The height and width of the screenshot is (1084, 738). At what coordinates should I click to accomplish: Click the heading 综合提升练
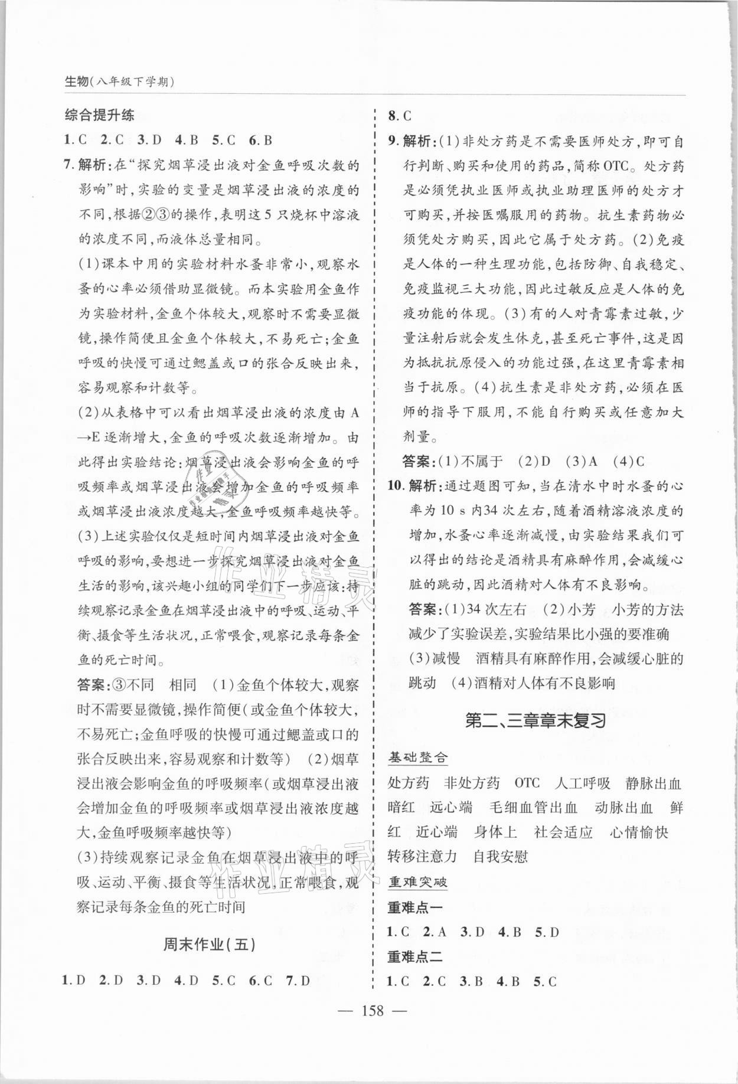tap(99, 115)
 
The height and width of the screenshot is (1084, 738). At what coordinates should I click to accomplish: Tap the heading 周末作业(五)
tap(210, 944)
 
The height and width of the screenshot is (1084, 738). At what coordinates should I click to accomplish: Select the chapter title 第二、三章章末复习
tap(535, 721)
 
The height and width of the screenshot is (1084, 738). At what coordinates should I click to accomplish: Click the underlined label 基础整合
tap(418, 756)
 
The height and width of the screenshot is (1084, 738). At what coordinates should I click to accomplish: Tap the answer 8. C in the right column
tap(399, 116)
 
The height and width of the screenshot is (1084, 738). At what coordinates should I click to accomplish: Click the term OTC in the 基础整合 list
tap(527, 783)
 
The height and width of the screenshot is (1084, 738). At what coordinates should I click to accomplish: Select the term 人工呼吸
tap(582, 783)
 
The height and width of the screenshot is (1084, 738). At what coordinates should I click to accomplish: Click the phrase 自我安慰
tap(500, 856)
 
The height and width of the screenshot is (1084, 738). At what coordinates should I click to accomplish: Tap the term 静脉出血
tap(653, 783)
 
